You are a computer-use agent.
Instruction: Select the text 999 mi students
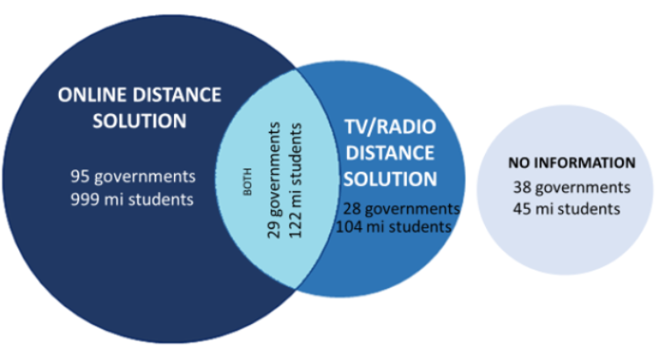click(131, 199)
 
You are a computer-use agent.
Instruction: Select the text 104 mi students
click(394, 227)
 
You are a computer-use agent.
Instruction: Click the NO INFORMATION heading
click(572, 163)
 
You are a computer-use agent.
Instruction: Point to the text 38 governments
click(572, 187)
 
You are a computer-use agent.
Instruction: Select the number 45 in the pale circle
click(523, 208)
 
